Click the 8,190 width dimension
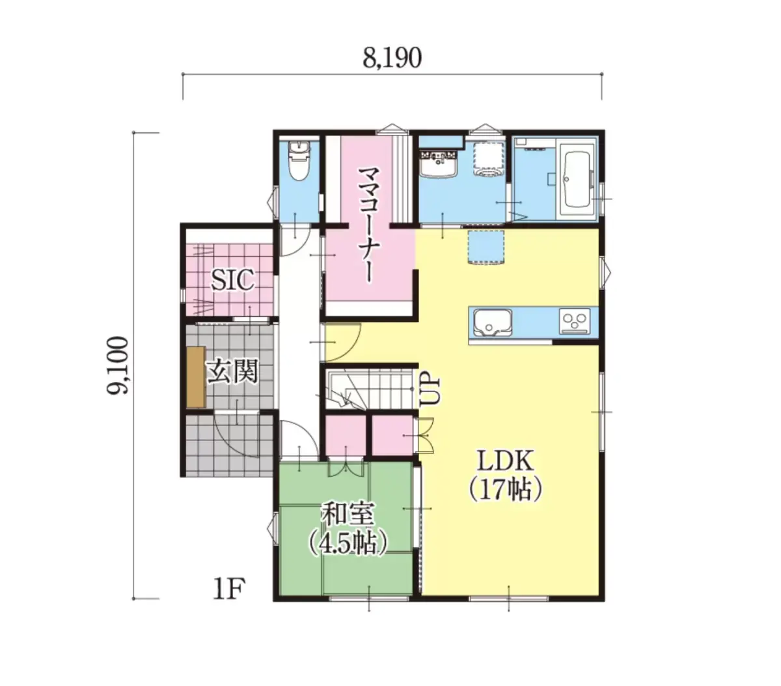click(392, 58)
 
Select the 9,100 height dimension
click(116, 365)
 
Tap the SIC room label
click(232, 279)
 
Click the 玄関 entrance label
click(232, 372)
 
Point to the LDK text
click(506, 461)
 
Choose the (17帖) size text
click(506, 490)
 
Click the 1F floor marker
click(229, 589)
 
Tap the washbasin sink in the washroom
click(438, 164)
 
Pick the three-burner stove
click(575, 321)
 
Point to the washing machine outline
click(488, 158)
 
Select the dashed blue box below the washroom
click(486, 248)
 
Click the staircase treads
click(369, 388)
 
